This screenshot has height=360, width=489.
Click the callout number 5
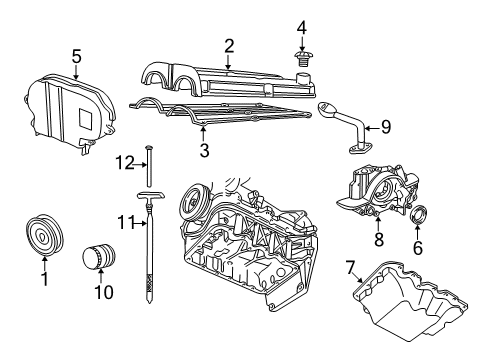coord(76,57)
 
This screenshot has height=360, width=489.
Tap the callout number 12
coord(124,163)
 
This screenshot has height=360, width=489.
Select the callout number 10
coord(104,292)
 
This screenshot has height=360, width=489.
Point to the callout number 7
coord(349,268)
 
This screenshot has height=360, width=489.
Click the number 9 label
coord(386,127)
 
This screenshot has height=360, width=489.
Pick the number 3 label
coord(204,150)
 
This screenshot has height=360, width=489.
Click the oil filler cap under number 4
coord(302,59)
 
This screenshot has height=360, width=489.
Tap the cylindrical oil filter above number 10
coord(99,256)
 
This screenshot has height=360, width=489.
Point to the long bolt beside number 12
coord(149,166)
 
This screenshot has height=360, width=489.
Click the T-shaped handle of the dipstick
coord(151,196)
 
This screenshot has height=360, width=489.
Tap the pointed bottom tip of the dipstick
coord(149,302)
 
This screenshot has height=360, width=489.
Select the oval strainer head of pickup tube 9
coord(328,109)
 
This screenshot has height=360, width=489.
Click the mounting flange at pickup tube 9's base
coord(360,149)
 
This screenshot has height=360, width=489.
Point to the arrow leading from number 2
coord(228,62)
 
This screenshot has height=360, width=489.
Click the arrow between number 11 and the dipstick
coord(140,223)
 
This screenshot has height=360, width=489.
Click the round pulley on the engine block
coord(194,203)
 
